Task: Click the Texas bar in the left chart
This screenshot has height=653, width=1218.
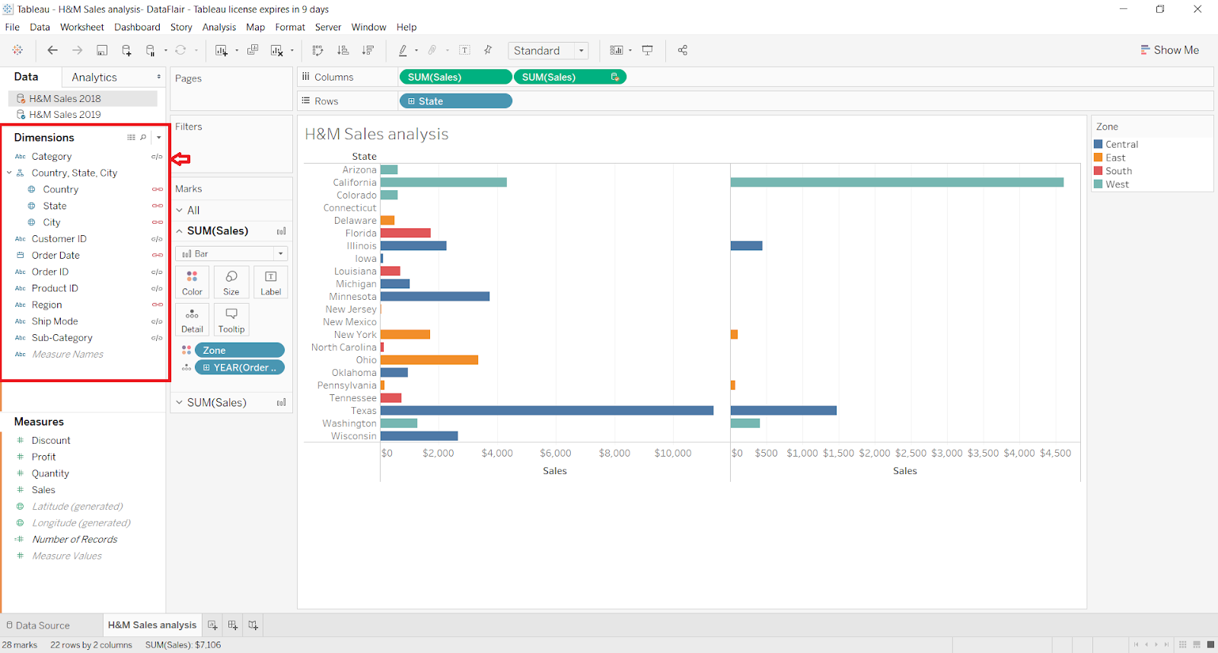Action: [x=547, y=410]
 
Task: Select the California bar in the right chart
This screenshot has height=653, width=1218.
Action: [x=897, y=182]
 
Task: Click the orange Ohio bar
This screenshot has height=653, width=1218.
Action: [x=429, y=360]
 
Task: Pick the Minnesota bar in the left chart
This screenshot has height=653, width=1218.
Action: [x=435, y=296]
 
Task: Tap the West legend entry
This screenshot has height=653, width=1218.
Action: [x=1117, y=184]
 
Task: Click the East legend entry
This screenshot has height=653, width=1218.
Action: [x=1115, y=158]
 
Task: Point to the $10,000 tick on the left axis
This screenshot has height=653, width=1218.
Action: [x=673, y=453]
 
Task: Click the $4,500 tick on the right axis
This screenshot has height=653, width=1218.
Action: [x=1055, y=453]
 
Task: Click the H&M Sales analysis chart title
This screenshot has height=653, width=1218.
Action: [x=377, y=134]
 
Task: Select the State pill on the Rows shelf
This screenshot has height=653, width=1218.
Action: [x=455, y=101]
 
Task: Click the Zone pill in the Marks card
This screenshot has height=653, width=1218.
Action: [x=239, y=350]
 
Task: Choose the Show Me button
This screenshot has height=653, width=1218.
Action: [x=1170, y=50]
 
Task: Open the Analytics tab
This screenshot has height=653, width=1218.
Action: [x=94, y=78]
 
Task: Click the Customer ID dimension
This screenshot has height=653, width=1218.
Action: [x=59, y=239]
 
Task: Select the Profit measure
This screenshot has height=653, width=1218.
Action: [x=44, y=457]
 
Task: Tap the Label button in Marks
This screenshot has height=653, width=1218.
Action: [x=270, y=282]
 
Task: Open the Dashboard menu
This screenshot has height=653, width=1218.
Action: [x=137, y=27]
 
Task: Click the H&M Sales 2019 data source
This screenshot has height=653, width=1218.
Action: [x=65, y=115]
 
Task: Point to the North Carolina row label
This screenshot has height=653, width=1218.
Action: [x=343, y=347]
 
